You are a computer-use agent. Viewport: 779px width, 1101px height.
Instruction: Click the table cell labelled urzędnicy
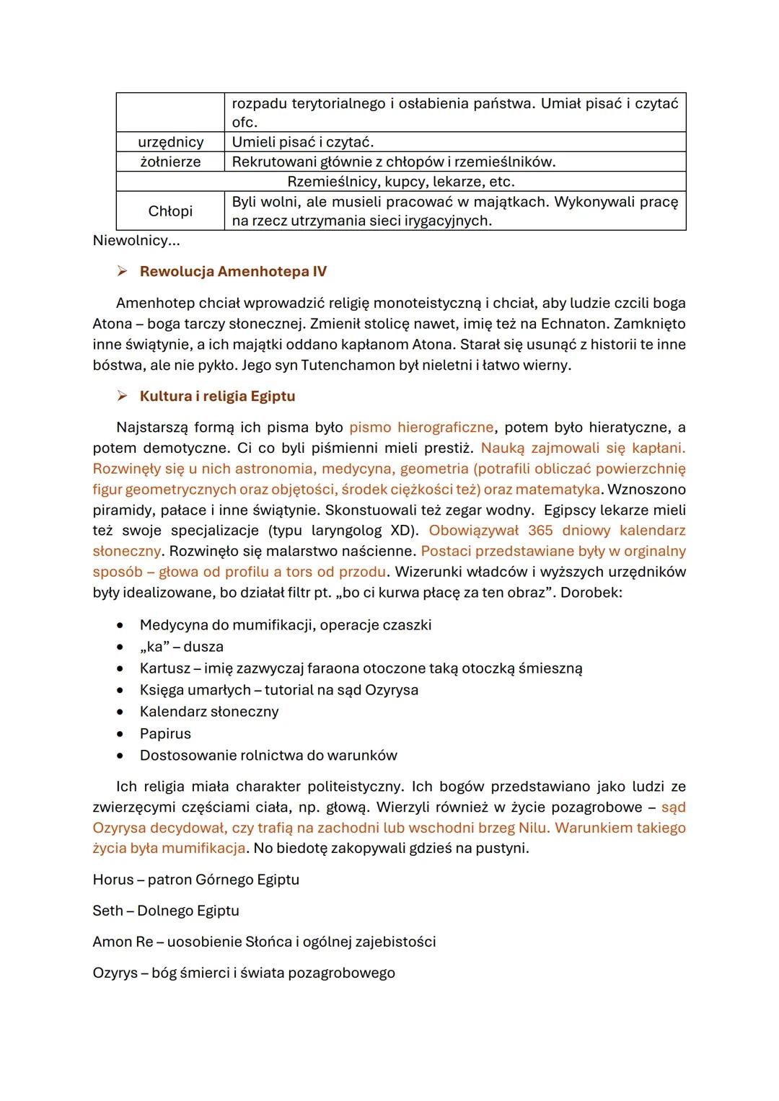tap(170, 142)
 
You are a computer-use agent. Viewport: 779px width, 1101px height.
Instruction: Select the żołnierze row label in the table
tap(170, 162)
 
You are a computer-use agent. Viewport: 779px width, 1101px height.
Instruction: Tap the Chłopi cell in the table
tap(170, 211)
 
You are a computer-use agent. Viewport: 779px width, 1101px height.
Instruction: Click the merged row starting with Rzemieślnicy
tap(400, 181)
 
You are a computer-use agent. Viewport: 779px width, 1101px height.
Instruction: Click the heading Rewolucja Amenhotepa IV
tap(233, 272)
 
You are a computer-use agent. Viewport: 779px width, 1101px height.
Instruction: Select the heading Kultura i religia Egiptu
tap(217, 397)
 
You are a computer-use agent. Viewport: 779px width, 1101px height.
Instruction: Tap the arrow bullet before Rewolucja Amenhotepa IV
tap(123, 272)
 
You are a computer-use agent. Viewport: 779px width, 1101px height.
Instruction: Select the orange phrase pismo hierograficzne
tap(421, 428)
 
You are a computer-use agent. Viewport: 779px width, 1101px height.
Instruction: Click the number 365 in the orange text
tap(540, 531)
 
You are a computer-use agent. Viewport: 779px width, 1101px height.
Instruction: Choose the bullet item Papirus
tap(165, 734)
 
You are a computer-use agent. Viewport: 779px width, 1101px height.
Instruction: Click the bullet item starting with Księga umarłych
tap(278, 690)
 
